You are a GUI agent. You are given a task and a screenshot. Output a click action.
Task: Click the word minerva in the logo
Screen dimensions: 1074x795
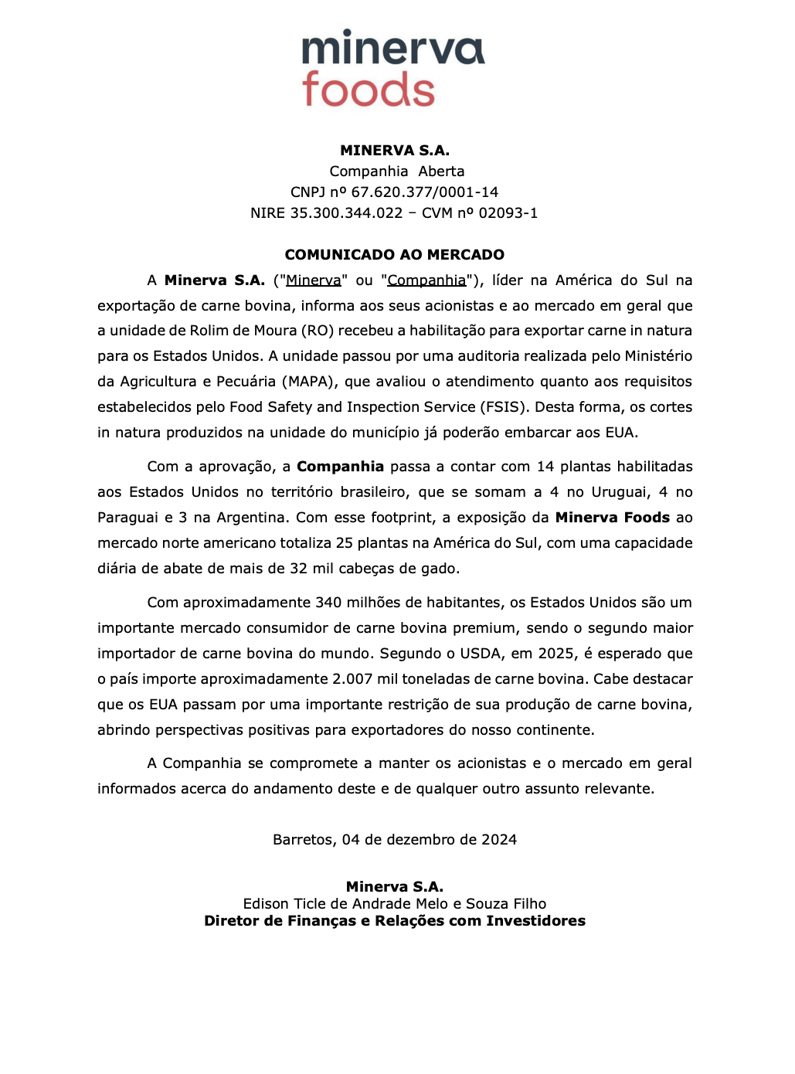[x=392, y=49]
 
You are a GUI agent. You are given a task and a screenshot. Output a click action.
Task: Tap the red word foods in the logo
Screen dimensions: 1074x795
[x=369, y=90]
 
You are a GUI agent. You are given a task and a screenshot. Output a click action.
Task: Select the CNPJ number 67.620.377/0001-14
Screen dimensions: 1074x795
[x=424, y=192]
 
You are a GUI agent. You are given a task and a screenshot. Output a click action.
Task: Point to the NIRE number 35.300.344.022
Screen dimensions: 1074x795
[x=346, y=213]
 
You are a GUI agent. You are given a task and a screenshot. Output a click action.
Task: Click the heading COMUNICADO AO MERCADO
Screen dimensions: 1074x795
[x=394, y=255]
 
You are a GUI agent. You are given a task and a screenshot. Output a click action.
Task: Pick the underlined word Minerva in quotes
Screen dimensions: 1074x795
[x=313, y=280]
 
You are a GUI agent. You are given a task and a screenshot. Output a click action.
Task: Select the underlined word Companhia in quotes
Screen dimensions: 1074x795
[x=426, y=280]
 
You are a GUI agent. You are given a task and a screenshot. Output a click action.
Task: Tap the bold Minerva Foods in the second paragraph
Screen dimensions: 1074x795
[x=612, y=518]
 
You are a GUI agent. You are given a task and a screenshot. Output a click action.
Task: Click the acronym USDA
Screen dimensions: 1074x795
[x=481, y=654]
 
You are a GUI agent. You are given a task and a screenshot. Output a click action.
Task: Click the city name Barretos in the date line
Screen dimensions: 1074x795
[x=304, y=840]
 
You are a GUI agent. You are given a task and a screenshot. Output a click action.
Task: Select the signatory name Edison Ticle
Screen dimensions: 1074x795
[x=282, y=904]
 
